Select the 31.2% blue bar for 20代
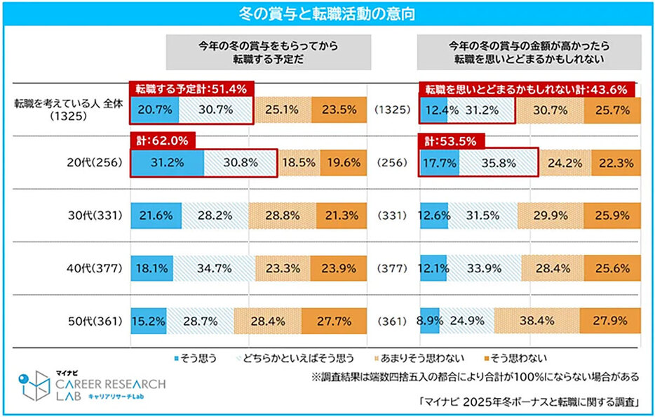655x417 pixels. [167, 163]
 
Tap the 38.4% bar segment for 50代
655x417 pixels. [537, 321]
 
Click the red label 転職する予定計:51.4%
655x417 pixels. [190, 89]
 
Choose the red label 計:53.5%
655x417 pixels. [450, 140]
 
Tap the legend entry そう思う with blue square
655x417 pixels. [194, 357]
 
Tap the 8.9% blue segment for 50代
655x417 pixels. [429, 321]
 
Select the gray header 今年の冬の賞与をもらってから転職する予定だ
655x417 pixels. [268, 52]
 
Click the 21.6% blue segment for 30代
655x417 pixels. [156, 216]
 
